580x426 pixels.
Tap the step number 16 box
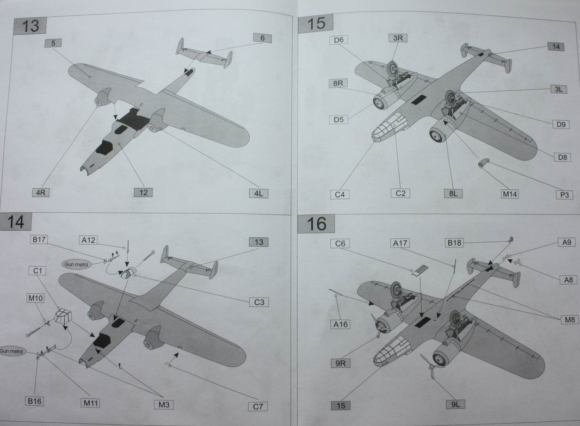pyautogui.click(x=316, y=224)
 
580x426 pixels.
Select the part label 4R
pyautogui.click(x=40, y=193)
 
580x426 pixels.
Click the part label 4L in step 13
pyautogui.click(x=258, y=193)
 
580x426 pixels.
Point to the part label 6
pyautogui.click(x=262, y=38)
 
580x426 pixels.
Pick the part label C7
pyautogui.click(x=258, y=406)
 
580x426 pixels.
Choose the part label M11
pyautogui.click(x=91, y=403)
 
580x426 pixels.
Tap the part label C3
pyautogui.click(x=260, y=302)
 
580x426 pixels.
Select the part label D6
pyautogui.click(x=338, y=40)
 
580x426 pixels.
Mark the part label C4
pyautogui.click(x=340, y=194)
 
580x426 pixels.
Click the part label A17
pyautogui.click(x=401, y=243)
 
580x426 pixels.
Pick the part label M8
pyautogui.click(x=569, y=320)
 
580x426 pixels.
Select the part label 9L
pyautogui.click(x=454, y=404)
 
